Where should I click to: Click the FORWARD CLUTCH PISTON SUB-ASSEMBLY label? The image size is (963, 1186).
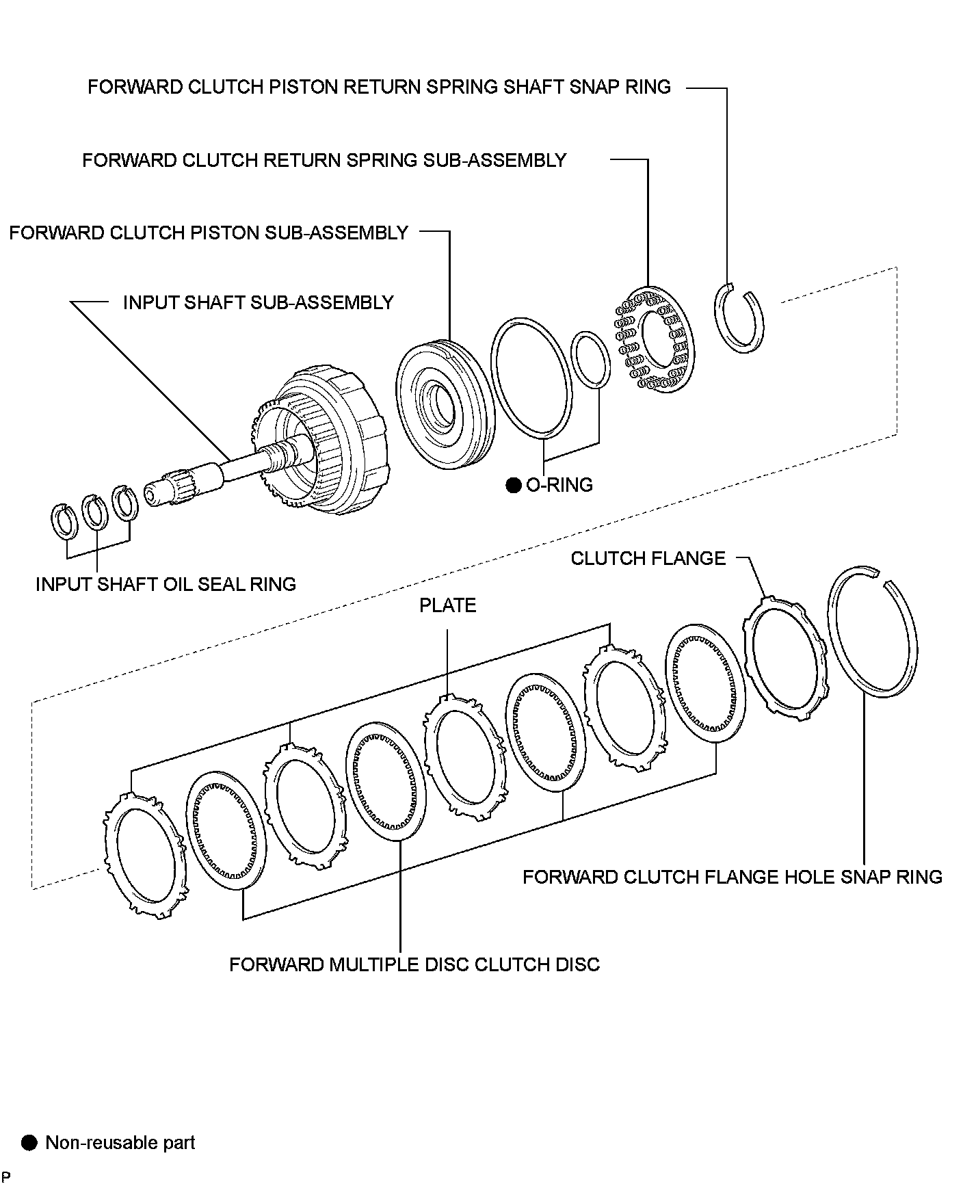pyautogui.click(x=209, y=233)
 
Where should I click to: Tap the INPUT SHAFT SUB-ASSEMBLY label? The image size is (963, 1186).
pyautogui.click(x=258, y=303)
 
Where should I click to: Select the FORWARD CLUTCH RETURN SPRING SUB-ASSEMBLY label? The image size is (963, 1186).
pyautogui.click(x=324, y=160)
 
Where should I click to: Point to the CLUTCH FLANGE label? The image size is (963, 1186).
pyautogui.click(x=648, y=559)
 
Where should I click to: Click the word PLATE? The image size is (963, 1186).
pyautogui.click(x=448, y=605)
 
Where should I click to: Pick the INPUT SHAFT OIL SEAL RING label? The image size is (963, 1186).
pyautogui.click(x=166, y=584)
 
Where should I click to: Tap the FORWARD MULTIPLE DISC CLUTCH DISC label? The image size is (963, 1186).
pyautogui.click(x=414, y=964)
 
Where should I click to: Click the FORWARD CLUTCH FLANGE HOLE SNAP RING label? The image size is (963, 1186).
pyautogui.click(x=733, y=877)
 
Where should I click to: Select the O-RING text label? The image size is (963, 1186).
pyautogui.click(x=559, y=485)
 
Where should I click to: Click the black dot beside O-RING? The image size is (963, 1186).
pyautogui.click(x=514, y=486)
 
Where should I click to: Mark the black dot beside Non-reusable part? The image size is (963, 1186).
pyautogui.click(x=29, y=1143)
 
